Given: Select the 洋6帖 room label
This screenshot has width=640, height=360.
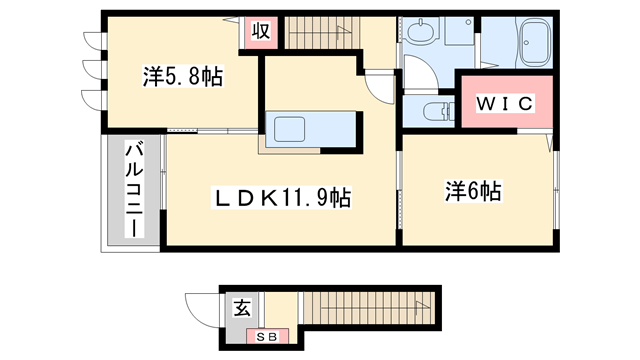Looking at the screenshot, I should (x=473, y=190).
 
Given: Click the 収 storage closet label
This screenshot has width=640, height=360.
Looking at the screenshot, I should (x=260, y=31).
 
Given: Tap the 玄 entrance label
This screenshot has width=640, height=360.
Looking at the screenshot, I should (x=243, y=307).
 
